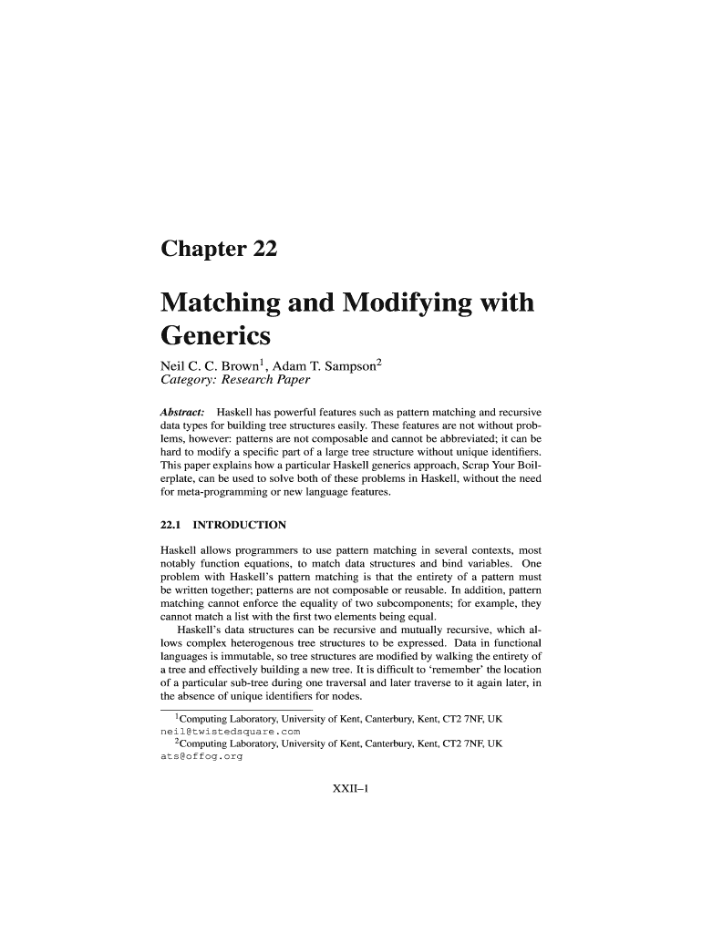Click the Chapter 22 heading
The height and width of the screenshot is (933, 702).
coord(218,249)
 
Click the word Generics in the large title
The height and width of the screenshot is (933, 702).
coord(215,336)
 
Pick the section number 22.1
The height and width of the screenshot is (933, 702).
coord(170,525)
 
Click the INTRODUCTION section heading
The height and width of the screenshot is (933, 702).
coord(242,525)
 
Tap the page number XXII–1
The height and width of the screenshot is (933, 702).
coord(351,788)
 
